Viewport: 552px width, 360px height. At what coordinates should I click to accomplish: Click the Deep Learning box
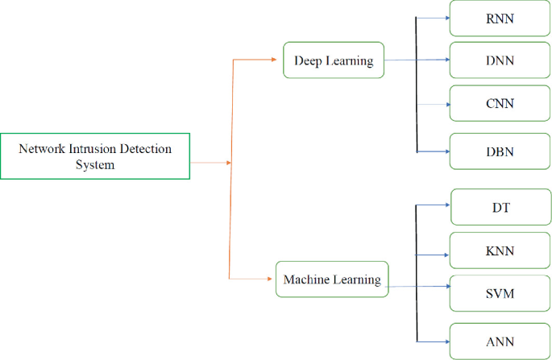pos(334,60)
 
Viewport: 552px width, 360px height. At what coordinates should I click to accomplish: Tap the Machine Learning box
pos(332,279)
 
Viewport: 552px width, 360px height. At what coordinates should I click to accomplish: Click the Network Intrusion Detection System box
pos(95,156)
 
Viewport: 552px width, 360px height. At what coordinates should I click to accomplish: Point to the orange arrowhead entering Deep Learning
pos(279,59)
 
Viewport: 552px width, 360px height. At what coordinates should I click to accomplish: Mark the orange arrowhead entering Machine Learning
pos(272,279)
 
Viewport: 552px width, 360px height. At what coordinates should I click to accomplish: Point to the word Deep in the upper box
pos(308,61)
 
